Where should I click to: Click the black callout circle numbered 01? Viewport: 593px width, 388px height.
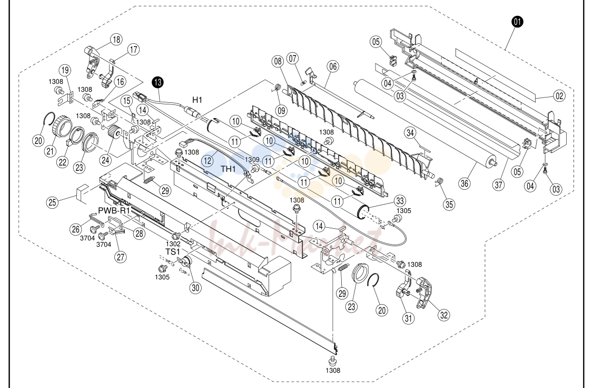tap(517, 22)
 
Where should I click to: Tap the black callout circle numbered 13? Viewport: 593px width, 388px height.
tap(157, 82)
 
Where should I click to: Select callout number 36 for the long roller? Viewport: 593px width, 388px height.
tap(464, 183)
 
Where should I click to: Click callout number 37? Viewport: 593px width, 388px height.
tap(499, 185)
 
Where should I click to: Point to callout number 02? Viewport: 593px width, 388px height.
tap(559, 96)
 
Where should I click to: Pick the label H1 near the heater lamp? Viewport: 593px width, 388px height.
tap(197, 100)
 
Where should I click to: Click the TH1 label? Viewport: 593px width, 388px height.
tap(229, 169)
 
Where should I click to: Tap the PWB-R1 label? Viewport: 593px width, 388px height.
tap(114, 210)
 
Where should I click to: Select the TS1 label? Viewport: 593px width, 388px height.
tap(173, 252)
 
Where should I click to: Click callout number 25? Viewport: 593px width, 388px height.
tap(52, 202)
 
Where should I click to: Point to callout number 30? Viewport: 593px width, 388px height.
tap(195, 288)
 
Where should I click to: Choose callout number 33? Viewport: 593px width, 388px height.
tap(400, 201)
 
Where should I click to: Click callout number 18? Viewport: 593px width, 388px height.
tap(116, 40)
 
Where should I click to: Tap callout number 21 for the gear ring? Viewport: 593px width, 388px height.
tap(51, 151)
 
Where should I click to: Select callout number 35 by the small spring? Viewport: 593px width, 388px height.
tap(449, 205)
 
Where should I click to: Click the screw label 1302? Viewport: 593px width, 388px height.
tap(173, 244)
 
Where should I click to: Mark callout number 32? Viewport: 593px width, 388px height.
tap(443, 315)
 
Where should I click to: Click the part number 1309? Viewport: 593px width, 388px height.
tap(252, 160)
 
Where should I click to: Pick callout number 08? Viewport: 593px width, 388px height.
tap(278, 61)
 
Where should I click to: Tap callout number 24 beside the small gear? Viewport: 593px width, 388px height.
tap(105, 160)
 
